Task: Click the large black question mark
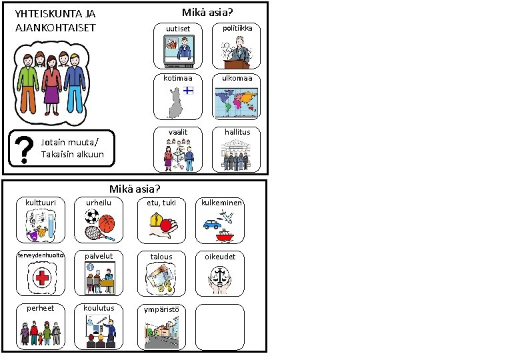[x=25, y=150]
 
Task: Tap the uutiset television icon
[x=178, y=51]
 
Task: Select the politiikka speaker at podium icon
[x=237, y=51]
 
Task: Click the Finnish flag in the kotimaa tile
[x=189, y=91]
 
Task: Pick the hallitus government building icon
[x=237, y=155]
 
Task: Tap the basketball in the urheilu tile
[x=107, y=219]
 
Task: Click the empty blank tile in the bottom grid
[x=219, y=327]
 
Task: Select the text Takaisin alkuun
[x=73, y=155]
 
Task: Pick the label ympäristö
[x=161, y=309]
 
